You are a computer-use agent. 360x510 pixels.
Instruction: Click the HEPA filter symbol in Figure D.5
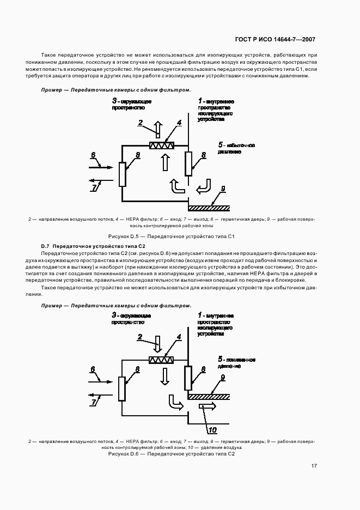tap(162, 145)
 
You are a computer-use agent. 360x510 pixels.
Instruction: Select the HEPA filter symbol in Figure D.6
tap(162, 360)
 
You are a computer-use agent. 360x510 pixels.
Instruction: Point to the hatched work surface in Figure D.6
tap(209, 396)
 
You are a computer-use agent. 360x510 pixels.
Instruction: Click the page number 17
tap(315, 466)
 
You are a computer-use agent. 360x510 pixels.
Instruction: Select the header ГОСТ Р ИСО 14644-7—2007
tap(275, 39)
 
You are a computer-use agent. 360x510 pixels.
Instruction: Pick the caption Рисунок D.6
tap(179, 454)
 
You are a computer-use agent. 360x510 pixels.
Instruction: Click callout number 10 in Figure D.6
tap(212, 430)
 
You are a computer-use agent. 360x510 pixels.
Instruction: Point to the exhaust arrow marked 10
tap(208, 406)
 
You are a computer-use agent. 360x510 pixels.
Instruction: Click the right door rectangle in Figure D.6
tap(188, 378)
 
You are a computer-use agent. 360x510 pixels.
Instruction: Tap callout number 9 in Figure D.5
tap(222, 189)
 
